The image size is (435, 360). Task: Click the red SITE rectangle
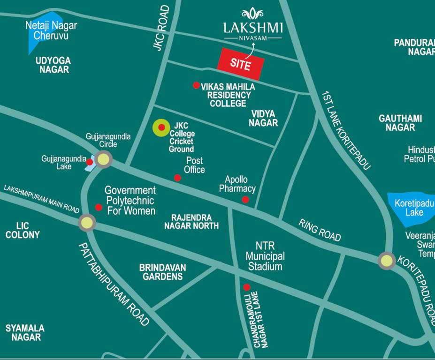[x=240, y=63]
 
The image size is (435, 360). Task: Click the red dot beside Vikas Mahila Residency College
[x=196, y=85]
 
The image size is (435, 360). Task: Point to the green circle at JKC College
[x=161, y=127]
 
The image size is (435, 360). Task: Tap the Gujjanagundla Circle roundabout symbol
[x=104, y=159]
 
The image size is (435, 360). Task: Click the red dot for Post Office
[x=177, y=178]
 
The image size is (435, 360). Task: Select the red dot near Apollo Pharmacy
[x=245, y=200]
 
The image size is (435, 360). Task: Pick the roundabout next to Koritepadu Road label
[x=387, y=261]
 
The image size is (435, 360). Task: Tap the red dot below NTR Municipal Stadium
[x=246, y=287]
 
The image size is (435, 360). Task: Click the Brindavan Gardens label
[x=162, y=272]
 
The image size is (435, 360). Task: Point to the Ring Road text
[x=319, y=230]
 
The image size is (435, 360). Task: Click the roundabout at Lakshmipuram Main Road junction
[x=87, y=223]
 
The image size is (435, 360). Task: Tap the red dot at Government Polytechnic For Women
[x=99, y=207]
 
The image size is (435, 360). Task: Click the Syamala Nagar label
[x=25, y=332]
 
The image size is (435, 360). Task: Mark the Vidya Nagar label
[x=263, y=118]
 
